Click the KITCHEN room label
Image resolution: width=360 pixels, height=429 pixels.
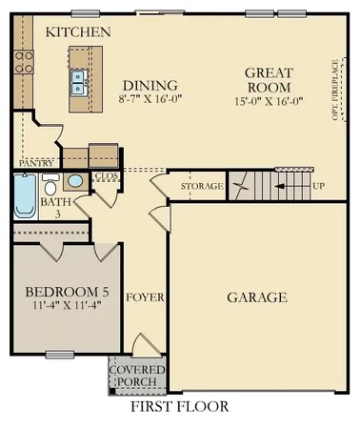click(x=78, y=32)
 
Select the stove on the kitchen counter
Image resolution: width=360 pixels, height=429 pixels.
click(x=24, y=61)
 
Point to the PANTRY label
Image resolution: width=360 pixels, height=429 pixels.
click(x=36, y=163)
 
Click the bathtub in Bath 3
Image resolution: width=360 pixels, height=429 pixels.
click(x=25, y=199)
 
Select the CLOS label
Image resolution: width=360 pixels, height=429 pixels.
click(x=105, y=177)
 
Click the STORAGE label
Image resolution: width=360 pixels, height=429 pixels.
click(x=202, y=185)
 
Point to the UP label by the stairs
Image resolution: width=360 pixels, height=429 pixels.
click(x=317, y=185)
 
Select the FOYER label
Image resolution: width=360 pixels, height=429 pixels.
click(x=146, y=296)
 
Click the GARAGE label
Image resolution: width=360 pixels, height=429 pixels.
click(x=256, y=297)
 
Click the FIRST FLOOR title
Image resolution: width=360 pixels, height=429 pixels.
click(x=180, y=407)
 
